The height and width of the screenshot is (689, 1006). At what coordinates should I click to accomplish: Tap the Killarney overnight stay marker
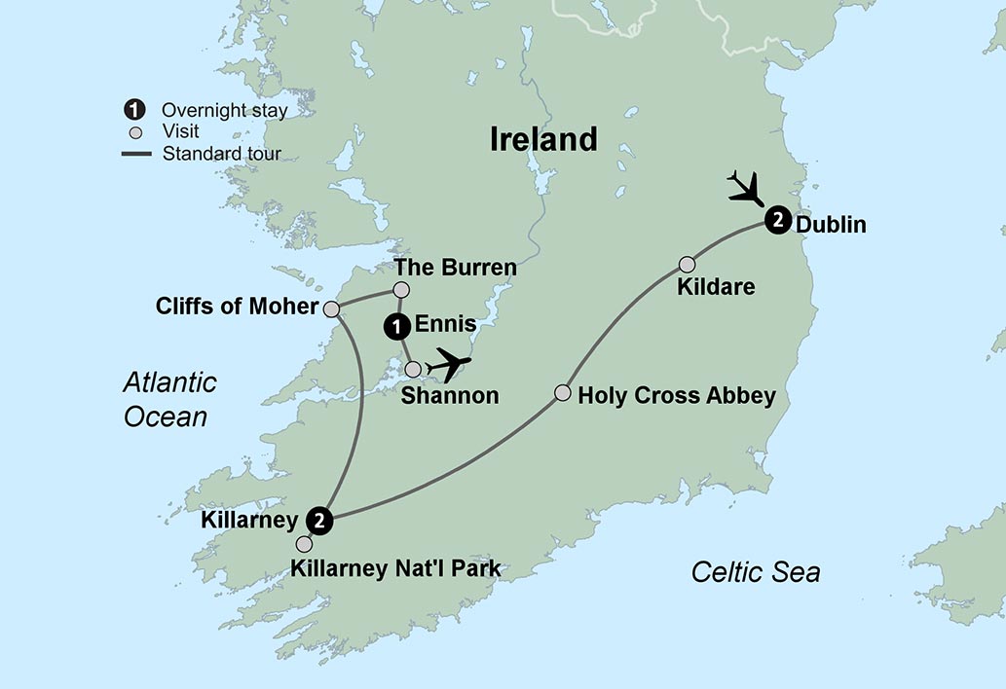[x=319, y=521]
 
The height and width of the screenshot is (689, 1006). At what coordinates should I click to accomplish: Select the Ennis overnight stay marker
[x=396, y=327]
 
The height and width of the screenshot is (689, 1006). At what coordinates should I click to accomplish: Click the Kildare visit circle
[x=688, y=264]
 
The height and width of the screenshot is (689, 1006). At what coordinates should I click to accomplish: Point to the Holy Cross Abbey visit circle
[x=562, y=393]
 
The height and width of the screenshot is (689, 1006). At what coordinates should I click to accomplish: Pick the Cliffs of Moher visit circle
[x=331, y=309]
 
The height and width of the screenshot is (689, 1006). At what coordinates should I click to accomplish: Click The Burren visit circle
[x=400, y=289]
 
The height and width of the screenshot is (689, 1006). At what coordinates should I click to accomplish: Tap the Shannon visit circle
[x=413, y=369]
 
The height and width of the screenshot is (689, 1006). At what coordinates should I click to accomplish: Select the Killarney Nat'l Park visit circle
[x=305, y=544]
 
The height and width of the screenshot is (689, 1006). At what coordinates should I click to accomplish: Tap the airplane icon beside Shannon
[x=448, y=364]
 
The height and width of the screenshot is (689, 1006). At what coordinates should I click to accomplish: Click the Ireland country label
[x=543, y=139]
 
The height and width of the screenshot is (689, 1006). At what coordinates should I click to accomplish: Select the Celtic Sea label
[x=755, y=571]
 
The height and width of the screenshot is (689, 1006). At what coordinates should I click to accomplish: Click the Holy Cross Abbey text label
[x=677, y=396]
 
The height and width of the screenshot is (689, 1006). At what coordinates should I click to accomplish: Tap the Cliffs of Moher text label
[x=237, y=308]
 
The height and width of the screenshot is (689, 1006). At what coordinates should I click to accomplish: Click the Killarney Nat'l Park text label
[x=395, y=568]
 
